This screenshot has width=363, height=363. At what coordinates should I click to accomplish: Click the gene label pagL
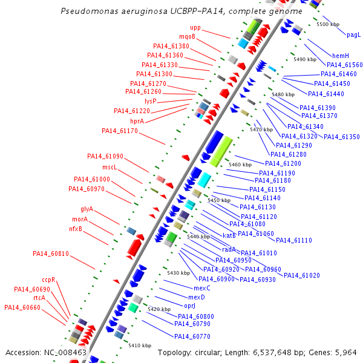pos(353,35)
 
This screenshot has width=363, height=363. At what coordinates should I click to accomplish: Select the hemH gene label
pos(341,56)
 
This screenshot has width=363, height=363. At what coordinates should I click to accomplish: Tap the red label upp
pos(195,28)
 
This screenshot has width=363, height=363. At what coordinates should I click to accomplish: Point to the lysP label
pos(151,101)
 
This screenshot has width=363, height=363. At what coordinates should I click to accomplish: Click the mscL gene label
pos(109,167)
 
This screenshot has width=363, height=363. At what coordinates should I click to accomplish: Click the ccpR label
pos(48,280)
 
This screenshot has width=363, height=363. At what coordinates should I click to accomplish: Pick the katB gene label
pos(229,235)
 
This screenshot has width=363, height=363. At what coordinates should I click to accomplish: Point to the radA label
pos(229,249)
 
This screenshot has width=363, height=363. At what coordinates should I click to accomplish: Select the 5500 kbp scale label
pos(328,24)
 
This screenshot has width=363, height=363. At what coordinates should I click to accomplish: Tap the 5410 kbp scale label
pos(140,345)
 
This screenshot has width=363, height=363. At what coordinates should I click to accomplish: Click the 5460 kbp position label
pos(240,165)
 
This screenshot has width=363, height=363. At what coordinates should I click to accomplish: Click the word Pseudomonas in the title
pos(90,11)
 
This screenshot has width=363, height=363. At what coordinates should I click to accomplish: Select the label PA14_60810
pos(51,253)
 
